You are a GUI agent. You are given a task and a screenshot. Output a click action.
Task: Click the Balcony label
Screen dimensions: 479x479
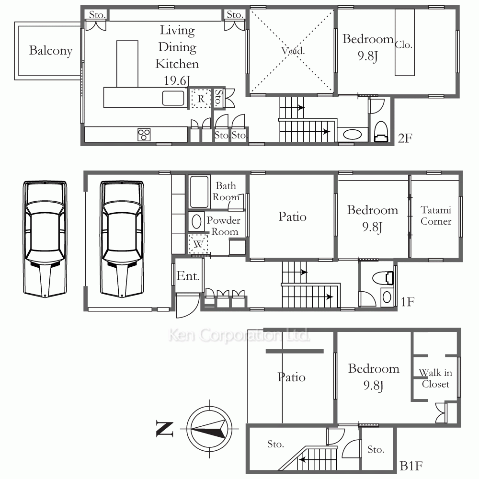(x=51, y=51)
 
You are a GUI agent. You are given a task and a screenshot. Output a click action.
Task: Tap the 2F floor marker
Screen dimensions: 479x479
(x=405, y=138)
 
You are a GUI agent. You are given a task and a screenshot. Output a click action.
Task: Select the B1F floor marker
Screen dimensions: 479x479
(x=411, y=466)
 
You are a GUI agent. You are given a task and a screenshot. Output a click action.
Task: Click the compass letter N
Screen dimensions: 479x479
(x=165, y=429)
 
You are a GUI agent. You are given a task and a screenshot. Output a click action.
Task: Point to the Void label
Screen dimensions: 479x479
(x=293, y=51)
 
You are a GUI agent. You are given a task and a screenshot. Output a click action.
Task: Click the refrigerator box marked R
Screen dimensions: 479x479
(x=201, y=99)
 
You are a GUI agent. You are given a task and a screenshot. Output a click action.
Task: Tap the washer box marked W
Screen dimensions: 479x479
(x=198, y=244)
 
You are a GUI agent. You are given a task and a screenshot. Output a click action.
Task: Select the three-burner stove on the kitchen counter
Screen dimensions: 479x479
(x=144, y=135)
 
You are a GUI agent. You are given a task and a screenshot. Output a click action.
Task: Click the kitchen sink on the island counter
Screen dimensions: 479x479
(x=173, y=98)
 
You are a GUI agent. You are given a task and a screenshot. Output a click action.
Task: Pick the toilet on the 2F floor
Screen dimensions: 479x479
(x=381, y=132)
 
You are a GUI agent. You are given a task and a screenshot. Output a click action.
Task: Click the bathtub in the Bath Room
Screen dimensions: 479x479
(x=199, y=192)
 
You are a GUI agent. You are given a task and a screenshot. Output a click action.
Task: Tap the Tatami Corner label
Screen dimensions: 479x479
(x=436, y=216)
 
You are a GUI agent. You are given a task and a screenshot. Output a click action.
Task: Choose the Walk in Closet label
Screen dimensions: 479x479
(x=435, y=378)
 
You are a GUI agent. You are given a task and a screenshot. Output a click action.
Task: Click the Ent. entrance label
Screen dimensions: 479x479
(x=188, y=276)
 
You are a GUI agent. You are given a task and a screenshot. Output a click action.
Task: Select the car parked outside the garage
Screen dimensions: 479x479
(x=45, y=239)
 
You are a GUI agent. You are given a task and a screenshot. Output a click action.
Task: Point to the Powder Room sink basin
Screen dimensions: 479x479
(x=196, y=221)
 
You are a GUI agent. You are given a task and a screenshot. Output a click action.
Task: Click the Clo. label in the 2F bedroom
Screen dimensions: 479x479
(x=403, y=45)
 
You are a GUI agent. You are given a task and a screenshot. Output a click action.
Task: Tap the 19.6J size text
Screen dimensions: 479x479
(x=177, y=81)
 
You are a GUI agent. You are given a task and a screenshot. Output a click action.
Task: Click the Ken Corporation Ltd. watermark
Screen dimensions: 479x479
(x=239, y=335)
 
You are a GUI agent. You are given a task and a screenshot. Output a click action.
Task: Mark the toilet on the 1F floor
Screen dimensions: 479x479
(x=383, y=278)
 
